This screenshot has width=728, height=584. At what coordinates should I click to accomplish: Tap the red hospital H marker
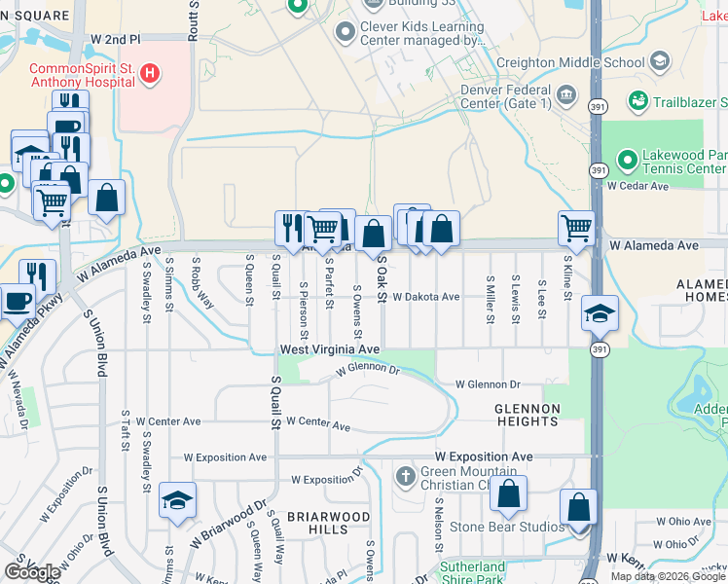coord(149,72)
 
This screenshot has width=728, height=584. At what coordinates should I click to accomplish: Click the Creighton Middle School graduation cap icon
coord(660,61)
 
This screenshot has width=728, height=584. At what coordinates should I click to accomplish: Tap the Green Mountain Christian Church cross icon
coord(405,477)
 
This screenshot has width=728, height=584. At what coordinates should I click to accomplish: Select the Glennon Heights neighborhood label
coord(527,415)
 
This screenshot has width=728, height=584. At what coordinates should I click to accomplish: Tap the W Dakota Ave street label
coord(425,297)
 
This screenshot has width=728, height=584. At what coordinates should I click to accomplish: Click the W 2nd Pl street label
coord(116,39)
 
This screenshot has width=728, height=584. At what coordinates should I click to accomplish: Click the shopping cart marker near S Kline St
coord(577,229)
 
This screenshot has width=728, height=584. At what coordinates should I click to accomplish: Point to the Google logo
coord(32,571)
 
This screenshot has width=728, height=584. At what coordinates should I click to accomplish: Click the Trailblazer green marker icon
coord(638,101)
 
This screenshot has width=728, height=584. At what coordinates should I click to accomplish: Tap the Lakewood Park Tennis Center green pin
coord(628,158)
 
